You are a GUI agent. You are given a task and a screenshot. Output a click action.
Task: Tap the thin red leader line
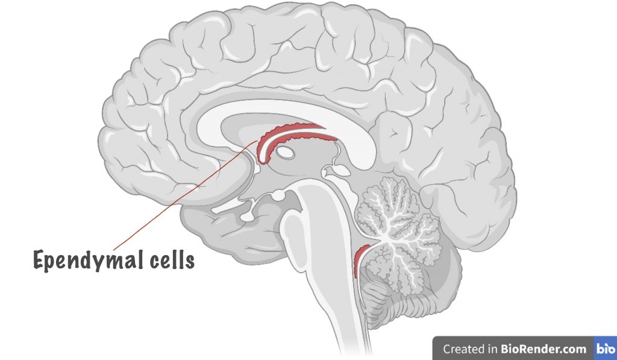tap(186, 195)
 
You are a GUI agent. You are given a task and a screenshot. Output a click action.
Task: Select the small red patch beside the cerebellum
tap(360, 261)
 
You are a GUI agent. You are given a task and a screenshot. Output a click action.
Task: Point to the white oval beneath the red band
tap(285, 152)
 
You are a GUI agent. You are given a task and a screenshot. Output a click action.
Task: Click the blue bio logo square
tap(605, 348)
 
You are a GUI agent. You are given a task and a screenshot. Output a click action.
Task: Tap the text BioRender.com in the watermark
tap(543, 349)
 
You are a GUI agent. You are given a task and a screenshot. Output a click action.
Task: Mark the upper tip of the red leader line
tap(258, 141)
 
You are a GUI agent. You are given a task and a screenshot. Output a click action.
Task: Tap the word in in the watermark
tap(493, 349)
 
